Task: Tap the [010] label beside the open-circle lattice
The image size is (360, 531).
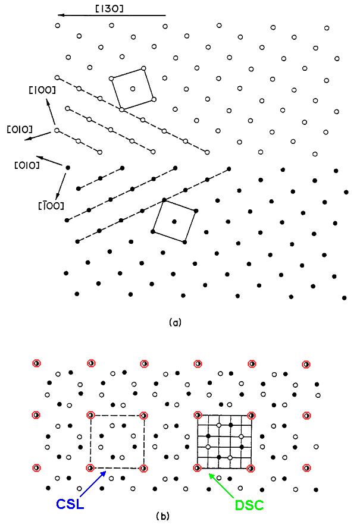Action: [x=19, y=129]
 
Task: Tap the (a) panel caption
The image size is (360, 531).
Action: [x=174, y=323]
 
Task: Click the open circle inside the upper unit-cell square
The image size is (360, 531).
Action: [x=132, y=89]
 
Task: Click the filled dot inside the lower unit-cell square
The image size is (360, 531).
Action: [x=174, y=221]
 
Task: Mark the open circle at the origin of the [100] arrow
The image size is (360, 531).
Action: [x=57, y=130]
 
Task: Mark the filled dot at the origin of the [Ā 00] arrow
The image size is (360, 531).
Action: [x=67, y=168]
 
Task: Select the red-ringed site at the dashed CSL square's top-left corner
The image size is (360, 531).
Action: [x=90, y=415]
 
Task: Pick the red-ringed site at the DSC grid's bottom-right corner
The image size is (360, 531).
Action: [x=251, y=468]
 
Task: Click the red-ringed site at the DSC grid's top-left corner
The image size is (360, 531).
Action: [x=198, y=415]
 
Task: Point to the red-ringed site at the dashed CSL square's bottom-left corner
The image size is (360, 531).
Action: [x=90, y=468]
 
